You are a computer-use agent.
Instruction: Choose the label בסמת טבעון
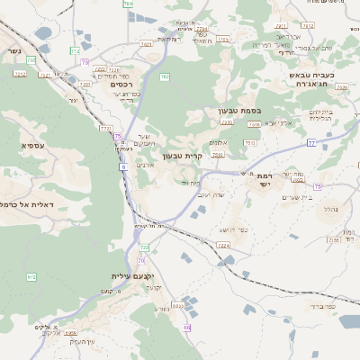click(238, 111)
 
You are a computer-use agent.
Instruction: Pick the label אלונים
click(219, 142)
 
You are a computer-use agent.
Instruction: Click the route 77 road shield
click(311, 142)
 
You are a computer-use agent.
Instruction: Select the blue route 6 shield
click(122, 166)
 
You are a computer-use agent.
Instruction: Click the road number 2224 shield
click(224, 245)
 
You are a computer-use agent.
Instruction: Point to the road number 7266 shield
click(333, 239)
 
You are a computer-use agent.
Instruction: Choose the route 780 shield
click(128, 4)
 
